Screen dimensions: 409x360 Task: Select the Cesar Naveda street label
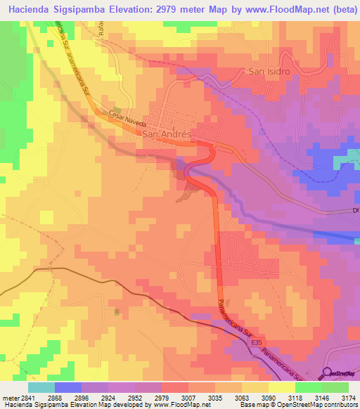[126, 117]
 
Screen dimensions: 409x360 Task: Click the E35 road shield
[255, 342]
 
